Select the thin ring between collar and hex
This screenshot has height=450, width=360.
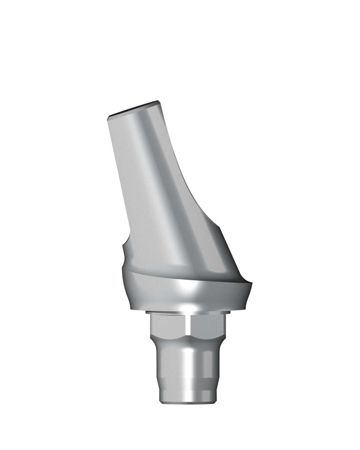[187, 312]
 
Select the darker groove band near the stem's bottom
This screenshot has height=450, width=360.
[187, 386]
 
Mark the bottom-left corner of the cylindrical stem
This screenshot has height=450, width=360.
[159, 401]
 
